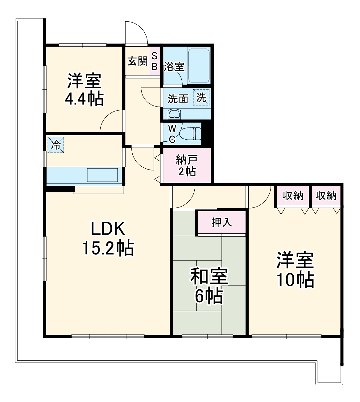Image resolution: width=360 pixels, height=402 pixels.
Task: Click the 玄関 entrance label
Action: click(x=137, y=61)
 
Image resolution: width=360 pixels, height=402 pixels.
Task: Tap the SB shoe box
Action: click(x=155, y=61)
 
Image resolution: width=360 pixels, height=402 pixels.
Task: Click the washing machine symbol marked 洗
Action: click(x=201, y=98)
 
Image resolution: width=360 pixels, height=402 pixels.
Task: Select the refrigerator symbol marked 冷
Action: click(x=56, y=145)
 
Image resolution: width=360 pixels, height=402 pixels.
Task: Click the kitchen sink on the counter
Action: click(x=102, y=175)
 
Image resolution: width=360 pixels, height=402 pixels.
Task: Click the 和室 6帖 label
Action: click(x=209, y=286)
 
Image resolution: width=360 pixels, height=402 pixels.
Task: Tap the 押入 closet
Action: click(x=221, y=222)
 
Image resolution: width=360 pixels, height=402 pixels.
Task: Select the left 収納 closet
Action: click(x=293, y=196)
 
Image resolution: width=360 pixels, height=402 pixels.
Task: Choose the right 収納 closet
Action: click(x=326, y=196)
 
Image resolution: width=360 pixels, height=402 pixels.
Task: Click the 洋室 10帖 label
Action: click(x=295, y=270)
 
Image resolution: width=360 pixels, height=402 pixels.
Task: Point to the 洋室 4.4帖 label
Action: click(x=84, y=90)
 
